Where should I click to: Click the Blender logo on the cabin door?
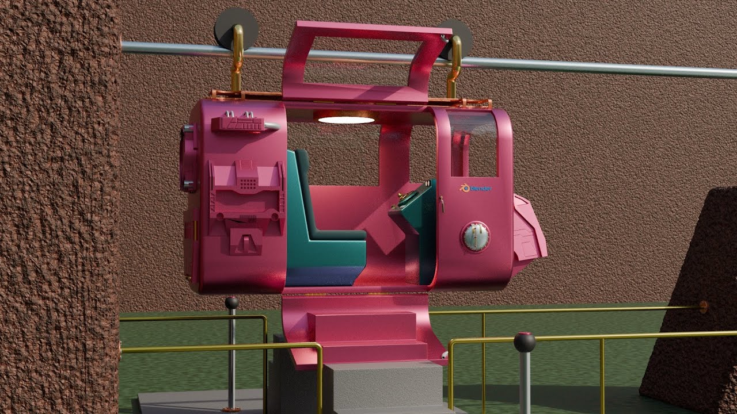[476, 188]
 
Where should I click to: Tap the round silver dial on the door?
[474, 237]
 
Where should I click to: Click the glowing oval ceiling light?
[347, 120]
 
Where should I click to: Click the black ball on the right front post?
[525, 342]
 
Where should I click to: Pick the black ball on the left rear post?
[232, 302]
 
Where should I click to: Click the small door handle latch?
[443, 204]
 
